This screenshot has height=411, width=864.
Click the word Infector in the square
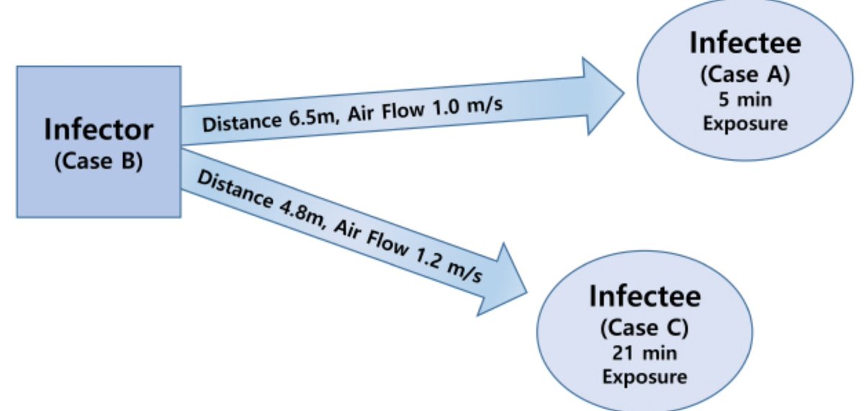(99, 130)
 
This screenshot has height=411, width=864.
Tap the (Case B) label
(99, 161)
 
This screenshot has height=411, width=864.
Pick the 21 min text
(644, 353)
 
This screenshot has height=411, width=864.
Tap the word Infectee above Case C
(644, 297)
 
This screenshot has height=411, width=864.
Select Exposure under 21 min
(644, 377)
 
